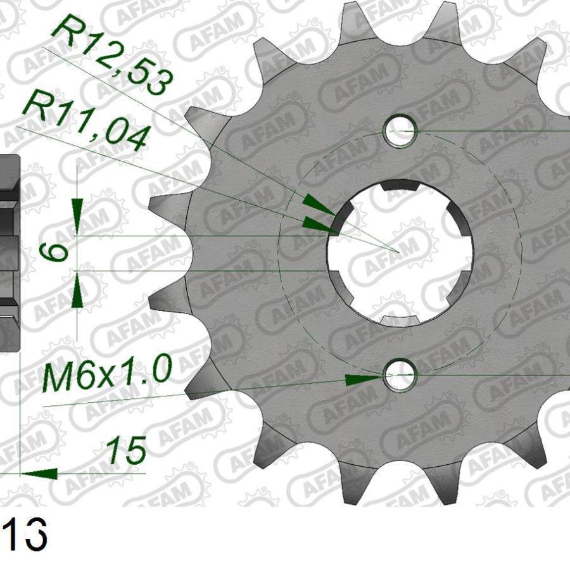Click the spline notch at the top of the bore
[x=400, y=185]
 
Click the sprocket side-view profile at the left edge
[x=9, y=253]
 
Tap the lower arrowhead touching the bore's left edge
[x=320, y=223]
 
